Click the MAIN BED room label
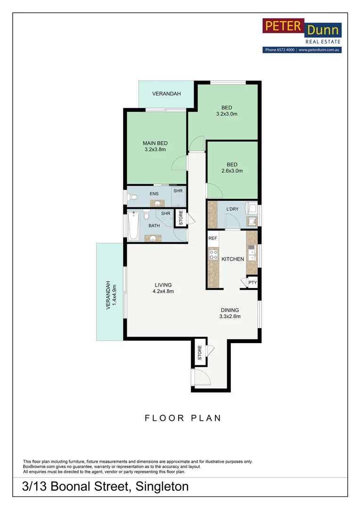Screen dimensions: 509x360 click(155, 143)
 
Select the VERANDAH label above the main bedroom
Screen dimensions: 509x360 click(166, 94)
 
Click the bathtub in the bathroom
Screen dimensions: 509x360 click(133, 227)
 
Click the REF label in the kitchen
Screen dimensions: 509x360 click(213, 238)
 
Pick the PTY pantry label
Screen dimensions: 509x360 click(253, 283)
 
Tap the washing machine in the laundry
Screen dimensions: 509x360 click(253, 208)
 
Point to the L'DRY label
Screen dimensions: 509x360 click(233, 208)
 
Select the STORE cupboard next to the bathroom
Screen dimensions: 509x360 click(180, 218)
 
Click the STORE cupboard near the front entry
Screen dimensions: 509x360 click(199, 352)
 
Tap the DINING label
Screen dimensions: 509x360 click(229, 310)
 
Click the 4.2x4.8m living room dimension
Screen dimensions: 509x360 click(163, 291)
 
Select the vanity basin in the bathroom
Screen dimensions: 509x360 click(153, 238)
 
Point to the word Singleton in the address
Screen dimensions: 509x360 click(162, 487)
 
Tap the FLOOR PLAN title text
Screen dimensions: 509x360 click(183, 418)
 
